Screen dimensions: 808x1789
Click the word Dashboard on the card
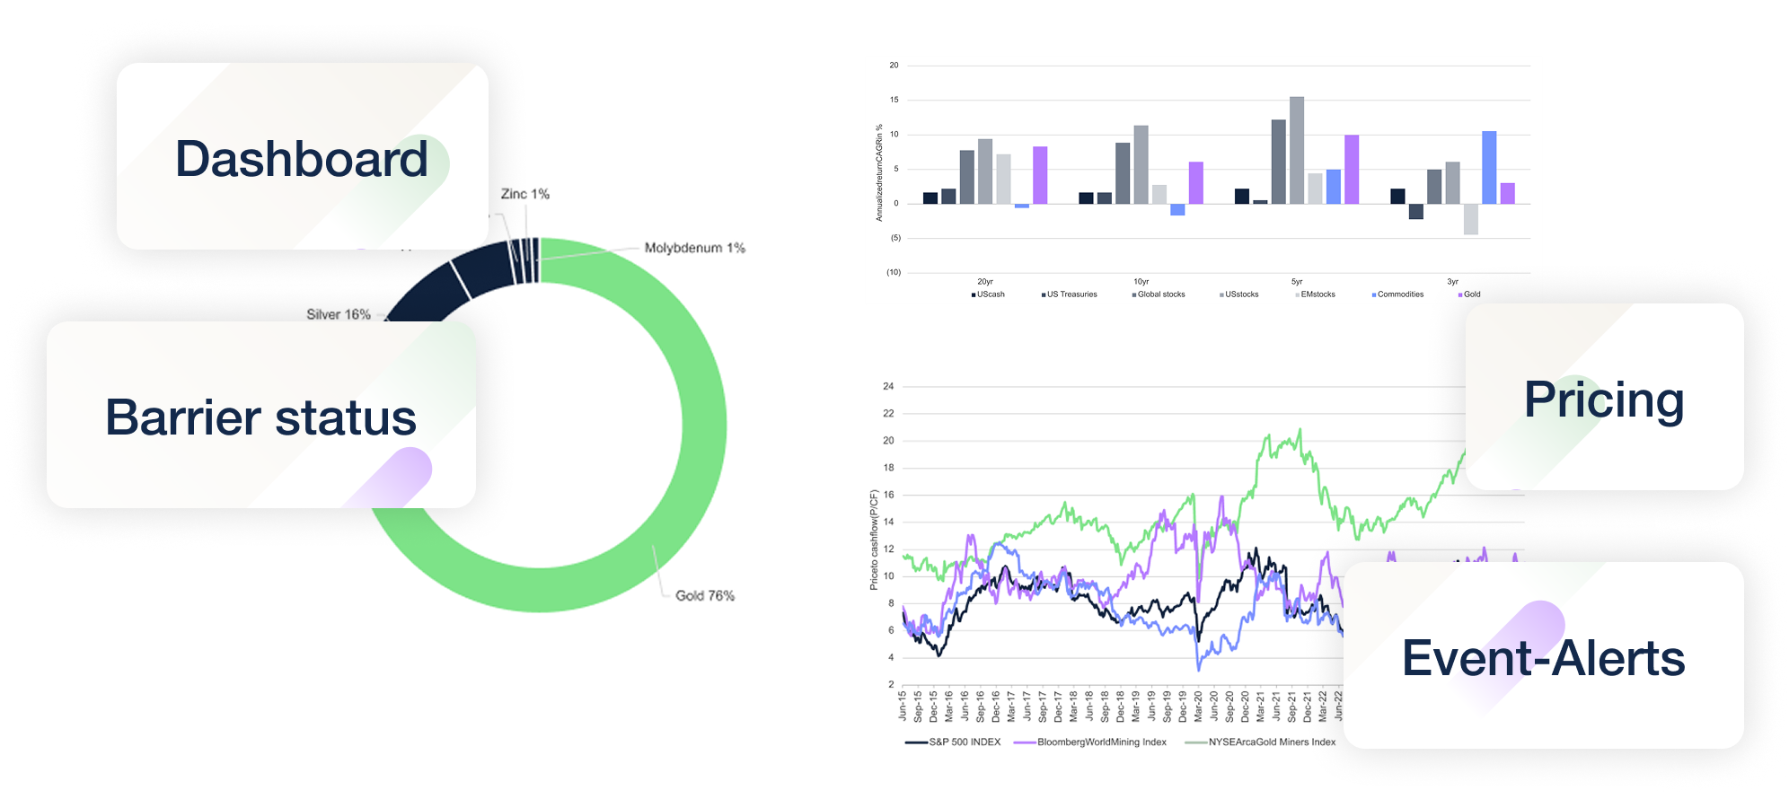[x=302, y=159]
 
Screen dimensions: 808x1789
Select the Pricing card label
[x=1604, y=400]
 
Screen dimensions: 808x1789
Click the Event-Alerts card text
[x=1543, y=658]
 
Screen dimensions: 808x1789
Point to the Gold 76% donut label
[x=704, y=595]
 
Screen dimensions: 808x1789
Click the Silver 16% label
[x=338, y=314]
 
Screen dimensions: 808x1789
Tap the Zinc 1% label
[x=524, y=194]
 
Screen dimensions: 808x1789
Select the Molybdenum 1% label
[x=694, y=248]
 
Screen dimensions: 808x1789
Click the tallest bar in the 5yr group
[x=1297, y=150]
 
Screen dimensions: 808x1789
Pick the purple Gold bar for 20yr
[x=1040, y=175]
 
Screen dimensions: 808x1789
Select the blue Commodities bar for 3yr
[x=1489, y=167]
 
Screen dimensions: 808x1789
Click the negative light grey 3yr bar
[x=1470, y=219]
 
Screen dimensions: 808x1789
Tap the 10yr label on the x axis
[x=1141, y=282]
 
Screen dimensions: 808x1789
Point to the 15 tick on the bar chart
[x=894, y=100]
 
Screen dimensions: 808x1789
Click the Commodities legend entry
[x=1399, y=294]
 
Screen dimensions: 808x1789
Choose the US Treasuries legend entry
[x=1071, y=294]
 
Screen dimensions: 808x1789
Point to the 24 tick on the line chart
[x=888, y=386]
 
